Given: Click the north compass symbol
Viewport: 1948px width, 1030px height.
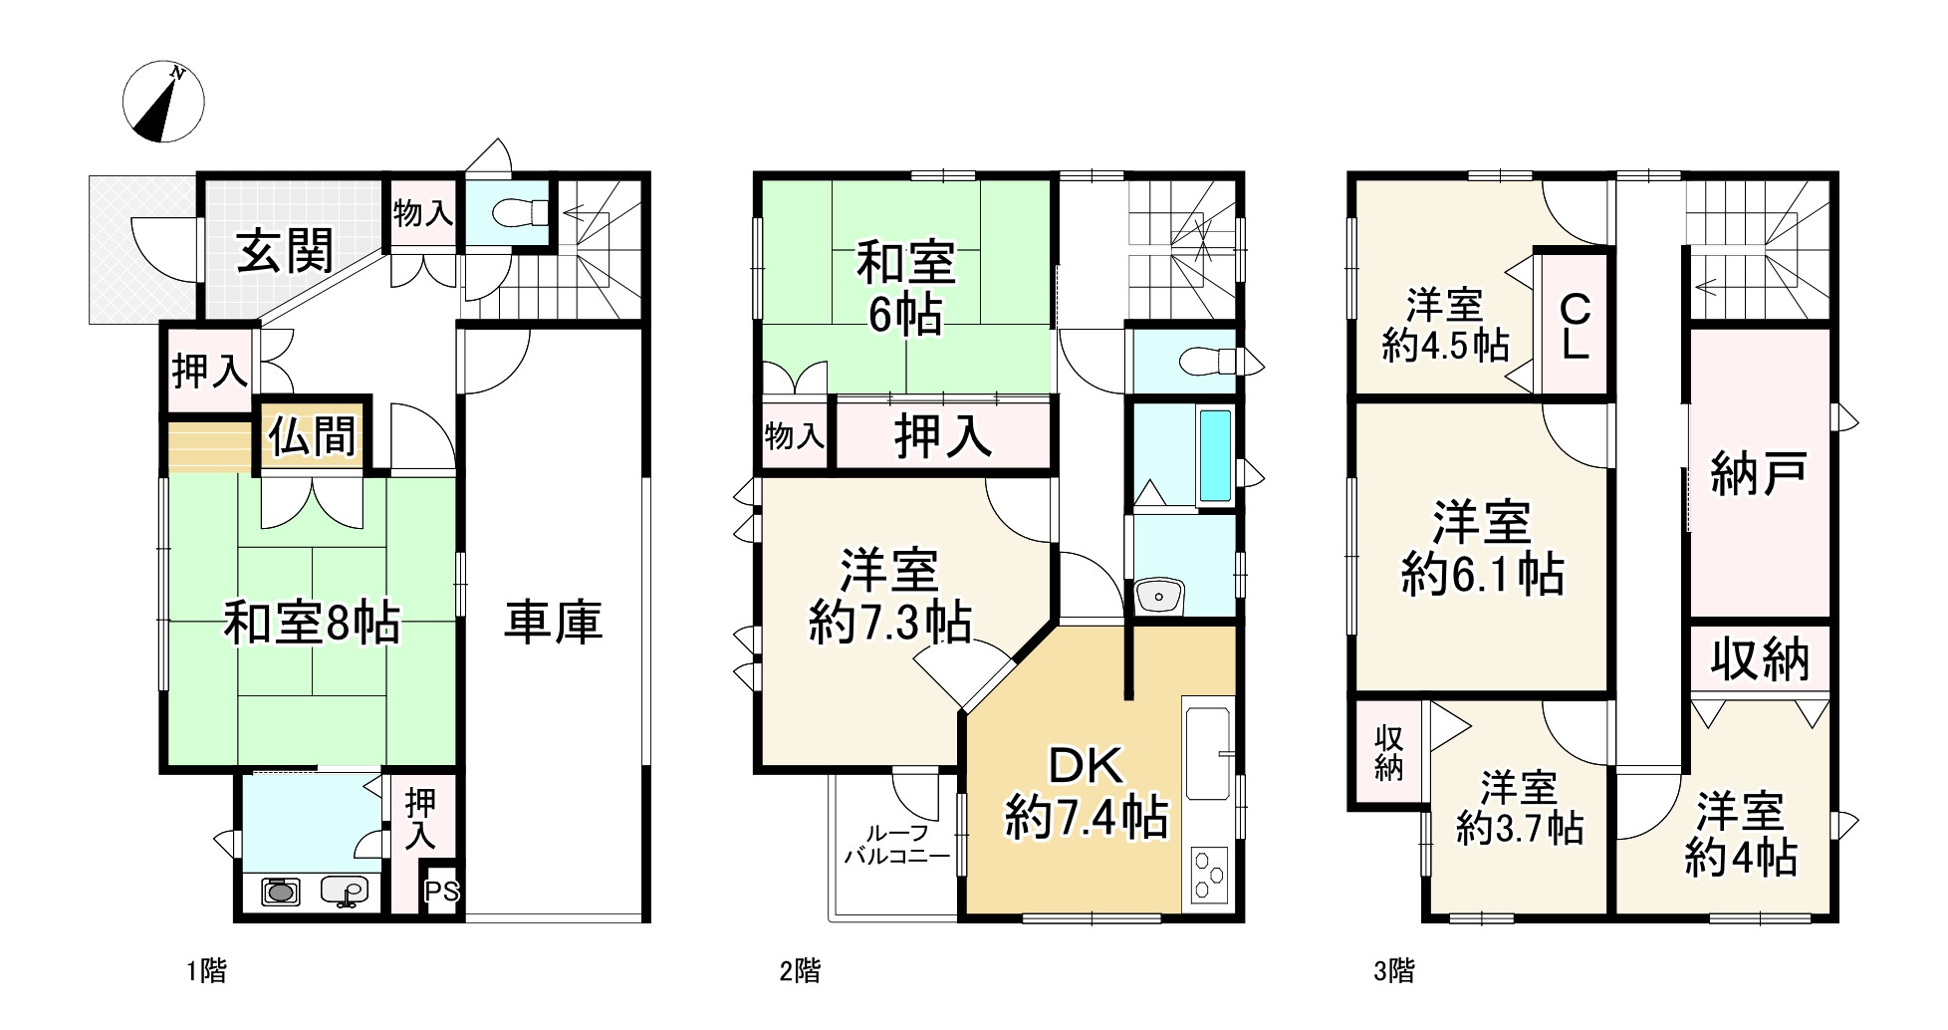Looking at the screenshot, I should click(x=163, y=102).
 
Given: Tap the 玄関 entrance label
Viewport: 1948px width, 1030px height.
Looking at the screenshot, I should click(x=285, y=252).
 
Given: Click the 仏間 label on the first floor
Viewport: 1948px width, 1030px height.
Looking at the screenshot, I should click(x=313, y=436).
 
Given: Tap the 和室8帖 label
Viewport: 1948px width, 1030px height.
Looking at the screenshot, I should click(x=312, y=625).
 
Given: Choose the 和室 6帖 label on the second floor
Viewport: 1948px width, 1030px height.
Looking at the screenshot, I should click(x=905, y=290).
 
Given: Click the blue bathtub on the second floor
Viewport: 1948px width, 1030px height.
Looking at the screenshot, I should click(x=1215, y=455).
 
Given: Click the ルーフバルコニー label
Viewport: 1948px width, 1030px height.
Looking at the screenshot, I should click(x=896, y=844).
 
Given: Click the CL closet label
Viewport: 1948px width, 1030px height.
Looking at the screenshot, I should click(x=1573, y=326).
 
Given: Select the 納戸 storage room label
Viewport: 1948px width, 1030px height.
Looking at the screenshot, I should click(x=1759, y=474).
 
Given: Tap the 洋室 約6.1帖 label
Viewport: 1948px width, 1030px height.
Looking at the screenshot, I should click(x=1482, y=549).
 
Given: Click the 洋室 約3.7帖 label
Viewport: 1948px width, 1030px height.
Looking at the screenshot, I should click(x=1519, y=808).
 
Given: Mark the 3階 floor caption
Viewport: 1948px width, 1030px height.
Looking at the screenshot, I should click(x=1394, y=971).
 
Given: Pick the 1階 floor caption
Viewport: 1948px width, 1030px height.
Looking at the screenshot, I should click(x=207, y=971).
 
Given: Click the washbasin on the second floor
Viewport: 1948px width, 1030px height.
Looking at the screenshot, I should click(x=1159, y=597).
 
